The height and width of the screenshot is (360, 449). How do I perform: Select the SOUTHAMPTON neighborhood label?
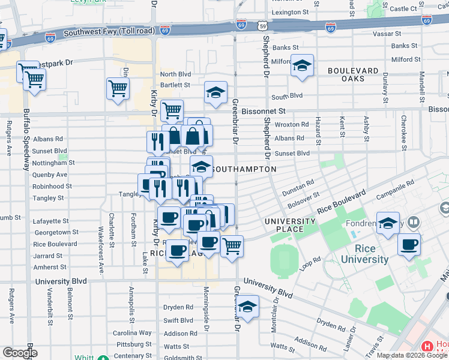(245, 170)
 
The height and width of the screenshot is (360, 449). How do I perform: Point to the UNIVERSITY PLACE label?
(291, 226)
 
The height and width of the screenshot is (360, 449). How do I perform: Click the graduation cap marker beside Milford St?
(302, 65)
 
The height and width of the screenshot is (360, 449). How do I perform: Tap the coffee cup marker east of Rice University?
(409, 245)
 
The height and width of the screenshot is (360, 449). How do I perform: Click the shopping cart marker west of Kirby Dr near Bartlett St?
(118, 89)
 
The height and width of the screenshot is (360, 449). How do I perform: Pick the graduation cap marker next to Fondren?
(388, 223)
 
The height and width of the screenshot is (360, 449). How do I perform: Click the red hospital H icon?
(427, 347)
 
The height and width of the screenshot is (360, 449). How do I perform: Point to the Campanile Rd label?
(396, 190)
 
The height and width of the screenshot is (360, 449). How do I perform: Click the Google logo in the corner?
(20, 353)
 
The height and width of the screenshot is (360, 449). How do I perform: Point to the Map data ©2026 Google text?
(412, 355)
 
